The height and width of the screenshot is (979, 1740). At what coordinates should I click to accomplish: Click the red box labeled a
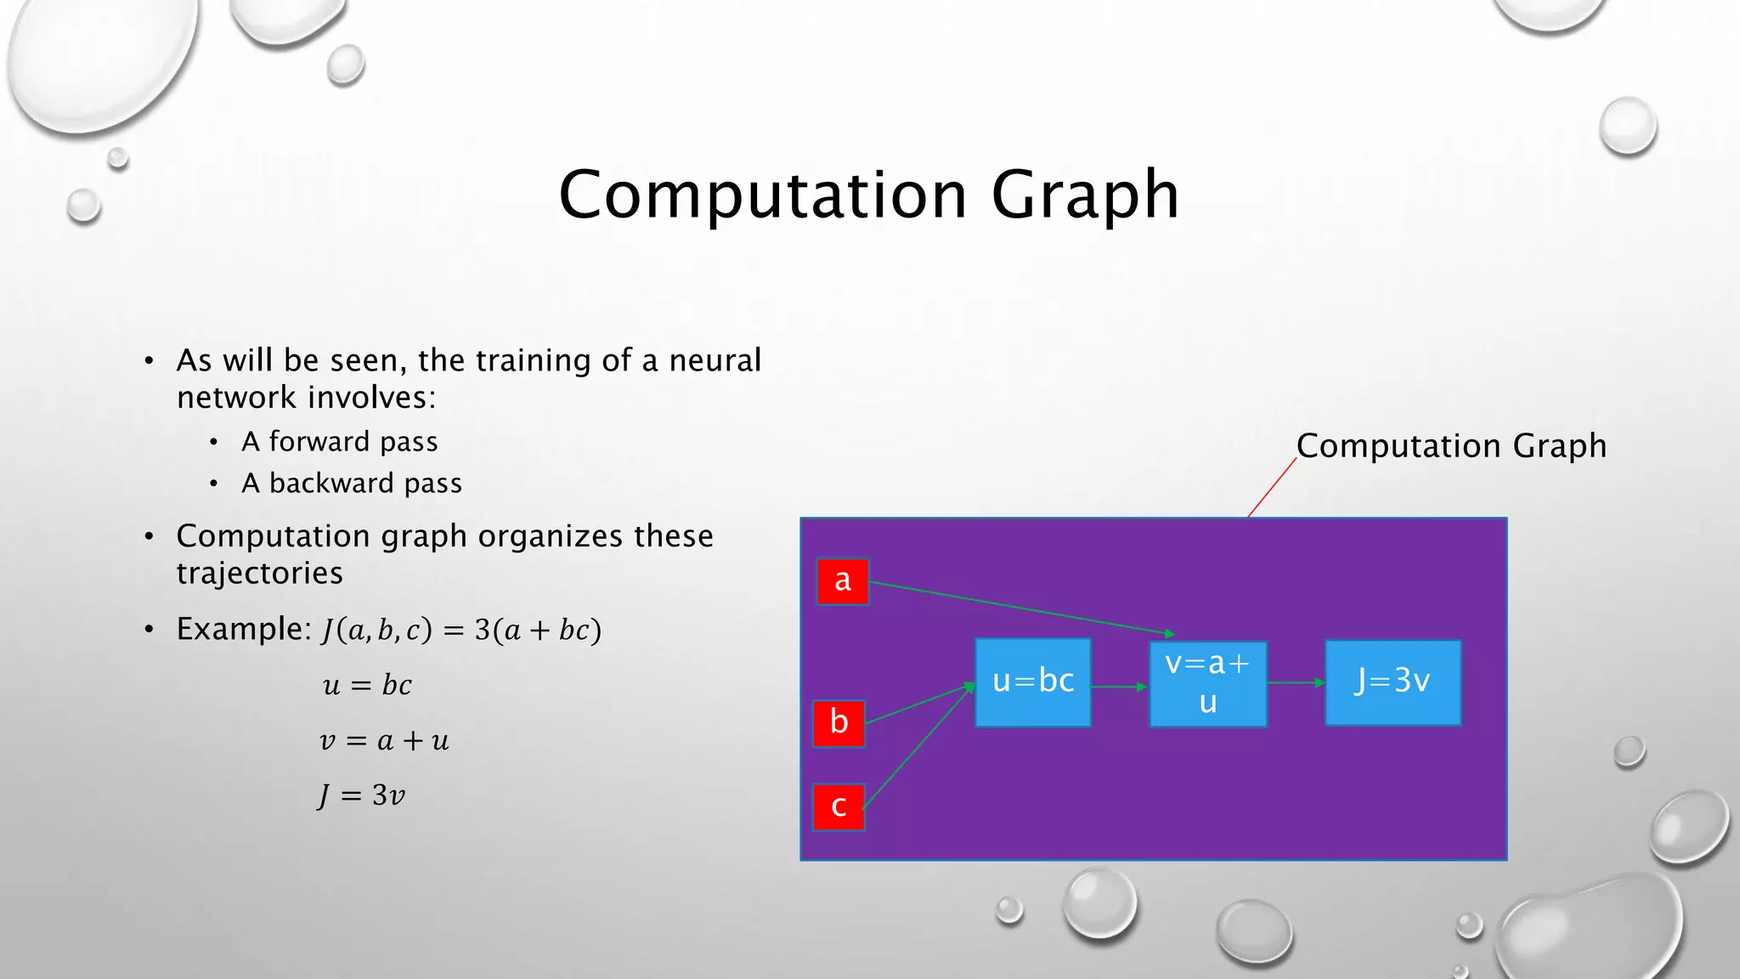pos(842,581)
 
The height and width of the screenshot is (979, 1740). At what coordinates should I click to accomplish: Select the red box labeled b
pos(839,723)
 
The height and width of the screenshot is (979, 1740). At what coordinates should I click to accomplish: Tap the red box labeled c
pos(839,806)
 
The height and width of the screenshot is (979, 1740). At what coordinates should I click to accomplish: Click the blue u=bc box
pos(1032,682)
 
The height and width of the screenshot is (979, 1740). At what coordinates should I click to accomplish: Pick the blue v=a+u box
pos(1207,684)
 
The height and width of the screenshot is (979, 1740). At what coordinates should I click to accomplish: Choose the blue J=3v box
pos(1393,682)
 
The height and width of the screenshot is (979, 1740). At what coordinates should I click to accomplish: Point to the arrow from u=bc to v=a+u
pos(1119,686)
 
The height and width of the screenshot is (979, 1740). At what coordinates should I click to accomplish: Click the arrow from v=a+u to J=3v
pos(1296,682)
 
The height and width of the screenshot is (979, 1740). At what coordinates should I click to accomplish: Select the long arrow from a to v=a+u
pos(1020,608)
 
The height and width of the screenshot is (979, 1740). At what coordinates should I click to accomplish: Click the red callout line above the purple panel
pos(1272,488)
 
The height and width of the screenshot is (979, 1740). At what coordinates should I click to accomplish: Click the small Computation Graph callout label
pos(1450,446)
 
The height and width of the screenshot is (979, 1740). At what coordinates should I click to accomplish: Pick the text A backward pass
pos(351,484)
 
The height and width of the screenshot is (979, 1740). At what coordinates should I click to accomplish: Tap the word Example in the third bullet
pos(239,630)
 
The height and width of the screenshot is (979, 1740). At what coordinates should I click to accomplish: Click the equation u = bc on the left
pos(367,685)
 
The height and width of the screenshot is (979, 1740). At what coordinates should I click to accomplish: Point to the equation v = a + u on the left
pos(384,741)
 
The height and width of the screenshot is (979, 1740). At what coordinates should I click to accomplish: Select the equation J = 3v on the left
pos(362,796)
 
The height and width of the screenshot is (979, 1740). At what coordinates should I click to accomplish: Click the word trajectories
pos(259,574)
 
